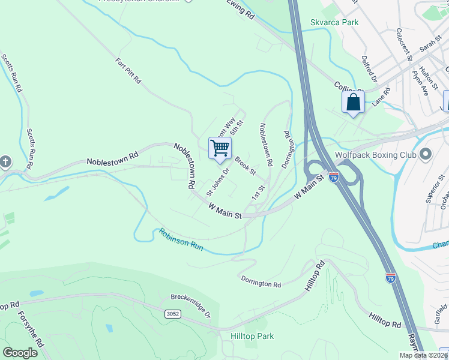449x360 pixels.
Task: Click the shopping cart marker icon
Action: (x=220, y=148)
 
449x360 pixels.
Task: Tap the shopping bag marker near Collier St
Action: (x=353, y=102)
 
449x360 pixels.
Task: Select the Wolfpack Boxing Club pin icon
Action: (x=426, y=155)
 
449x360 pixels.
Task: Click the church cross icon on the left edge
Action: (x=5, y=162)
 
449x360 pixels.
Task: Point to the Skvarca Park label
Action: (x=334, y=22)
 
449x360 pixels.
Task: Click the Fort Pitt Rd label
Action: (x=128, y=70)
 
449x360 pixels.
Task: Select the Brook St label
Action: (x=245, y=166)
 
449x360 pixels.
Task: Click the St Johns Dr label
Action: (x=218, y=182)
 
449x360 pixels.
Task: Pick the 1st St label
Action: (x=258, y=193)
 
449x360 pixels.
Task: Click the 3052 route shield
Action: (x=172, y=314)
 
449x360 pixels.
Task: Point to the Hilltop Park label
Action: (x=252, y=336)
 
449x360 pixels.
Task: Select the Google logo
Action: (x=20, y=352)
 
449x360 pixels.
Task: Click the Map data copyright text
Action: (x=423, y=355)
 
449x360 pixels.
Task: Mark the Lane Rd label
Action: (x=381, y=97)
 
